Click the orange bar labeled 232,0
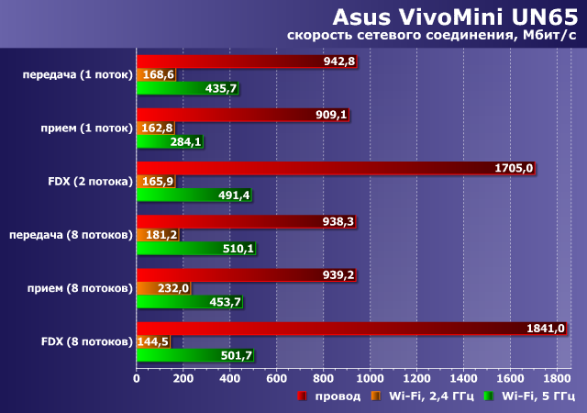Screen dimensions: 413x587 [164, 288]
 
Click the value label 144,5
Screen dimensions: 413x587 [153, 341]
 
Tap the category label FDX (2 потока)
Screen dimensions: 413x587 [90, 182]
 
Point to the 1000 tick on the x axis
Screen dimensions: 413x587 [370, 378]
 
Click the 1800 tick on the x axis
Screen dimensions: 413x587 [557, 378]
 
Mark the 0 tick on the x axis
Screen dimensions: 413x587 [137, 378]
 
